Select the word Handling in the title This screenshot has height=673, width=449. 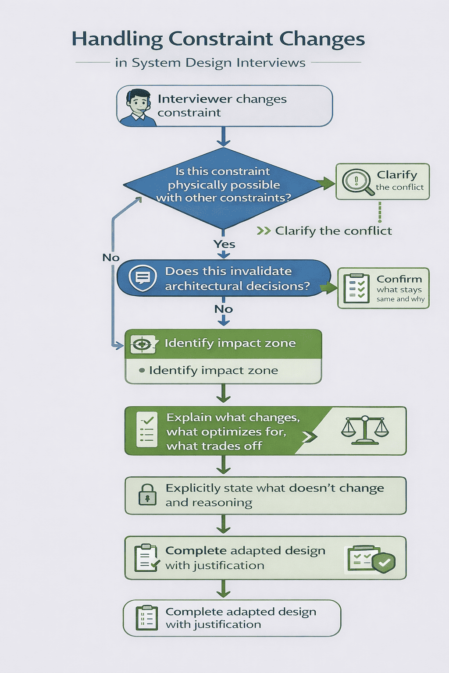(117, 39)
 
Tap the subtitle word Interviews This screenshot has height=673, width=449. (271, 63)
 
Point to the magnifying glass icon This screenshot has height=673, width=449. (357, 181)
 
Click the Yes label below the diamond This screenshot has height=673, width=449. (224, 244)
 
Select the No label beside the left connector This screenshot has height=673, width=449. (111, 258)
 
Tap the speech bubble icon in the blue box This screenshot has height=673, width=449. (143, 278)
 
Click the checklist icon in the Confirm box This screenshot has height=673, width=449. (356, 289)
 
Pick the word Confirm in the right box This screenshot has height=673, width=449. (399, 279)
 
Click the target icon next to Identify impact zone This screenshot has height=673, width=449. (143, 344)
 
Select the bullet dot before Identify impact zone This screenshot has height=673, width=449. (142, 371)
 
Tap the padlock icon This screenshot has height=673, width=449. (147, 495)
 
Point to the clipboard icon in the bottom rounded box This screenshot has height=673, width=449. (147, 618)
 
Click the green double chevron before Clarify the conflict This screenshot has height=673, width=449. (264, 231)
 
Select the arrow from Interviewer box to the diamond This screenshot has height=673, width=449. (224, 137)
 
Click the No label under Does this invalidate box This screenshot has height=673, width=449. (224, 309)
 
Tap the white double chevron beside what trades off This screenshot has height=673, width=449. (309, 436)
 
